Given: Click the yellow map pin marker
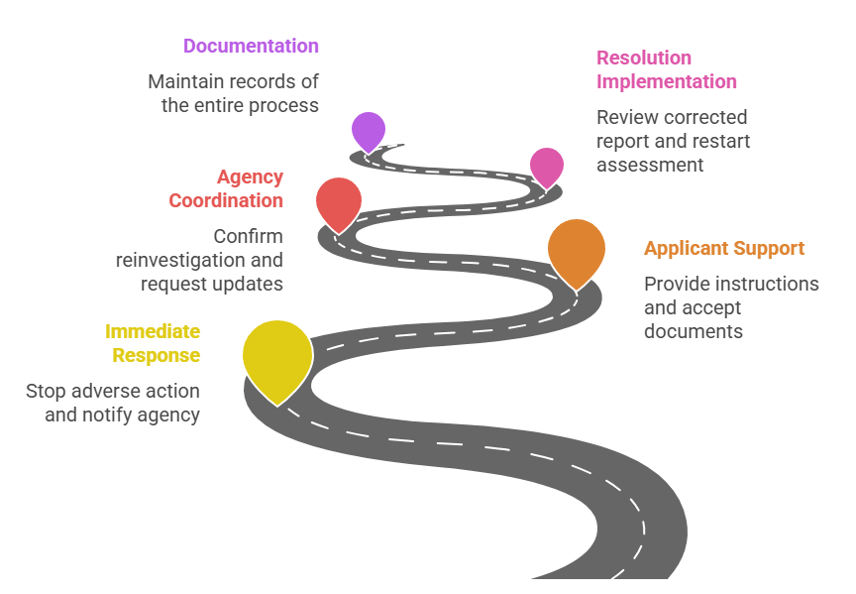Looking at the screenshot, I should point(277,355).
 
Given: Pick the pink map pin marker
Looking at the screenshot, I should point(546,165).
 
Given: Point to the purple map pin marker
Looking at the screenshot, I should point(369,129).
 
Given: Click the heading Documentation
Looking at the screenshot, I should point(251,46).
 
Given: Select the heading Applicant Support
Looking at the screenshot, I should point(724,248).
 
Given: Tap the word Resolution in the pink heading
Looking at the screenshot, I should point(644,58).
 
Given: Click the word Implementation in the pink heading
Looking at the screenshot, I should point(667,81).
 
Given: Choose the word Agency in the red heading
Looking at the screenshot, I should point(250,178).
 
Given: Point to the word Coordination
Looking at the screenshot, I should point(226,200).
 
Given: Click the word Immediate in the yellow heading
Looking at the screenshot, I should point(153,331).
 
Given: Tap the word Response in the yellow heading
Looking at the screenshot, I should point(156,355).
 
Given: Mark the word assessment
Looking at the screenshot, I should point(650,165).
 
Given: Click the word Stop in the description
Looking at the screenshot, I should point(46,391).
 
